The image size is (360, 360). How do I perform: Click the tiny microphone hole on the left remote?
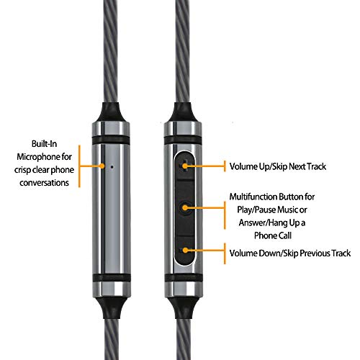coord(112,166)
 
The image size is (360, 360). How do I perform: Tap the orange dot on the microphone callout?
coord(102,166)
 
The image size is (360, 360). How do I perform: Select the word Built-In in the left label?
coord(44,143)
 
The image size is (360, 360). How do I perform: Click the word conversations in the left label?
coord(44,183)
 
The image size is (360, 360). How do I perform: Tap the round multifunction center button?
coord(184,208)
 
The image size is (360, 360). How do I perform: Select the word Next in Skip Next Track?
coord(297,166)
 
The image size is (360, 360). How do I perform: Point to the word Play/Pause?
coord(256,210)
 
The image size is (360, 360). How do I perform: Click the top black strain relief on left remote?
coord(111,112)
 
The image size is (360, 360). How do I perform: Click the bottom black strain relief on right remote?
coord(184,307)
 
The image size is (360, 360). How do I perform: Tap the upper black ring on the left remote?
coord(111,140)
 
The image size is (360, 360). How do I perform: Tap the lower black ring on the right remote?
coord(184,277)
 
